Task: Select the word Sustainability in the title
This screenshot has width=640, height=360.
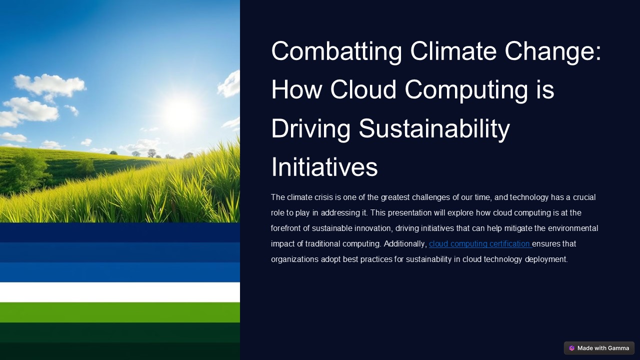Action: coord(434,128)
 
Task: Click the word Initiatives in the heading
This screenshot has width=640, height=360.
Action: coord(324,167)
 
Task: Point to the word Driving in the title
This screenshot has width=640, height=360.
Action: coord(310,128)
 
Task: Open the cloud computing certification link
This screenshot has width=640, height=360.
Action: coord(479,244)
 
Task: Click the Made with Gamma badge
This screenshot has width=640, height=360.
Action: coord(599,348)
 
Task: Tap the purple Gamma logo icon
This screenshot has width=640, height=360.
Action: coord(572,348)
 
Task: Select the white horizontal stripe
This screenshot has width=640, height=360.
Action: coord(120,292)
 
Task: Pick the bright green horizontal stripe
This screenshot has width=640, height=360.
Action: coord(120,312)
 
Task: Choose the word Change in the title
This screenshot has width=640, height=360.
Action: coord(553,51)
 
